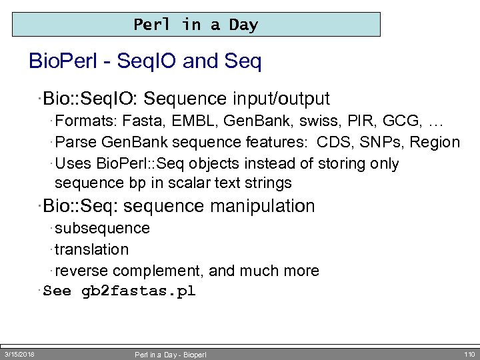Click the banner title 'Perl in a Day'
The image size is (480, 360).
click(195, 25)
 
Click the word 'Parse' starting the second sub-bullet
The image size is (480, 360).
click(73, 143)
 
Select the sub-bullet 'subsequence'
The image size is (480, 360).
click(102, 229)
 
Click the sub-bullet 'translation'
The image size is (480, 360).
click(91, 250)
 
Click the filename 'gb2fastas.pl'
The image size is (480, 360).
click(138, 291)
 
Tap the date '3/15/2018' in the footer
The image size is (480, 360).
click(19, 354)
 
